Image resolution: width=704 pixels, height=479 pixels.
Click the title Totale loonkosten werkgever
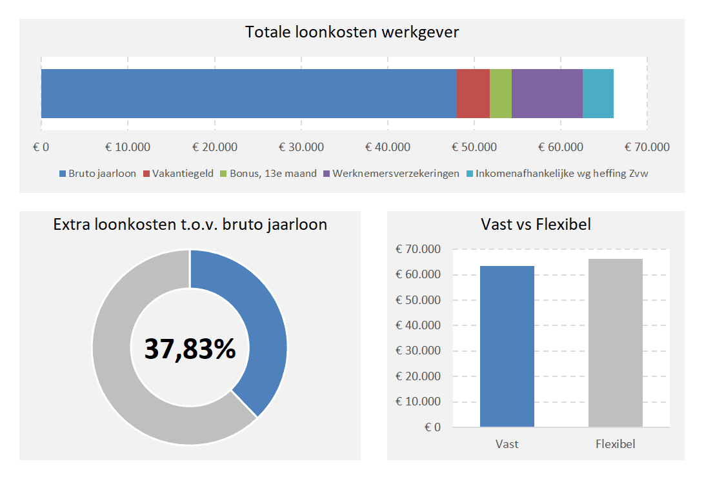click(352, 32)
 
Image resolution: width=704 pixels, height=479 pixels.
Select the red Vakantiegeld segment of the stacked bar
click(473, 94)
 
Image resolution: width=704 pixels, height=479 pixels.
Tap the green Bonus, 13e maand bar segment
click(501, 94)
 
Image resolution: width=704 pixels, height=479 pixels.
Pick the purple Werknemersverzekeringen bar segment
click(547, 94)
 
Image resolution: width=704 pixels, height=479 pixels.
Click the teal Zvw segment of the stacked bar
click(598, 94)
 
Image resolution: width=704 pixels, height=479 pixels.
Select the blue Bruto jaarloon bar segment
click(248, 94)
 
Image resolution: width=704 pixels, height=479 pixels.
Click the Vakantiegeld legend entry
click(183, 174)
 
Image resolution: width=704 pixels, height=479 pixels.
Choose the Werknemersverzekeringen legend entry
click(396, 174)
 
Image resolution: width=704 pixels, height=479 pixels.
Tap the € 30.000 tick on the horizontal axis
click(301, 147)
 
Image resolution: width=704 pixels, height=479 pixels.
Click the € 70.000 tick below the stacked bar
click(647, 147)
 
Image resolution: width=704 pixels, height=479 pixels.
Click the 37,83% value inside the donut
click(190, 349)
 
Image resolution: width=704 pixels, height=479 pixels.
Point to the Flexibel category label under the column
click(616, 444)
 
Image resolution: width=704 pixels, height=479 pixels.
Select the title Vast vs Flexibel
click(536, 225)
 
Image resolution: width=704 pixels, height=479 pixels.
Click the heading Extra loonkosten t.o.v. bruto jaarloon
click(190, 225)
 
